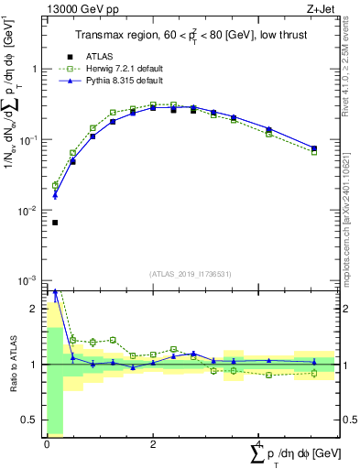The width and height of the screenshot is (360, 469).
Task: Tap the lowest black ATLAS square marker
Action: [x=55, y=223]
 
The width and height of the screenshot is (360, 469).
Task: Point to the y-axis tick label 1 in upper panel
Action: [x=35, y=70]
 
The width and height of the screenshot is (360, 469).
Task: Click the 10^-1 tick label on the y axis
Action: [x=28, y=140]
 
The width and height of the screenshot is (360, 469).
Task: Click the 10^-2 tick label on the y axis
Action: [x=28, y=211]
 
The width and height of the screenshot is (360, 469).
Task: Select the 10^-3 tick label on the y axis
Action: [x=28, y=280]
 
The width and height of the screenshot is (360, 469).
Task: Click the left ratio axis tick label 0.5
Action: [x=31, y=420]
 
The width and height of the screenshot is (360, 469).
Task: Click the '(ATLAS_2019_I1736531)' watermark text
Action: [x=190, y=274]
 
